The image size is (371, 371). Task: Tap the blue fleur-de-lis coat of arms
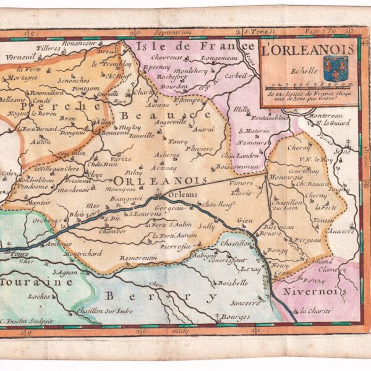click(336, 69)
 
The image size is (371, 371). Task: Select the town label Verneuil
click(18, 56)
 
